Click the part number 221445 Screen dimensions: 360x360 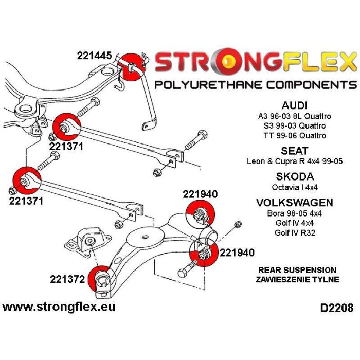point(96,56)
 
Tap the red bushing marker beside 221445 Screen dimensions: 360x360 point(132,67)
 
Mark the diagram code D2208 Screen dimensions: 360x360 point(336,309)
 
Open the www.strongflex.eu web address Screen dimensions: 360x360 point(59,307)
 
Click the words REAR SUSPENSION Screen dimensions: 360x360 point(297,270)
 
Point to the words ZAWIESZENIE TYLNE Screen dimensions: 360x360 point(297,280)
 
